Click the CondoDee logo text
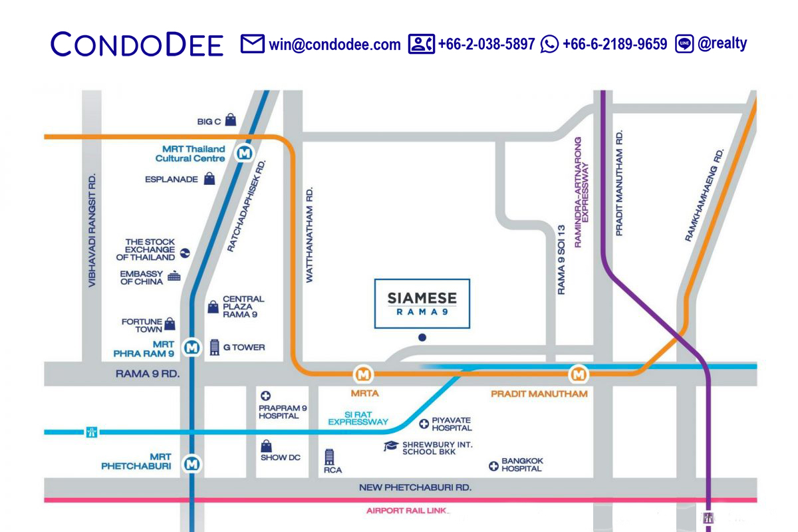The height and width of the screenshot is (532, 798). [x=137, y=45]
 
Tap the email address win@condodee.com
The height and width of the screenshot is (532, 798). [x=334, y=45]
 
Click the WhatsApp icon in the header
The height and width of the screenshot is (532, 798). [x=549, y=45]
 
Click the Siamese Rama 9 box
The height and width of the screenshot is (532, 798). [x=422, y=303]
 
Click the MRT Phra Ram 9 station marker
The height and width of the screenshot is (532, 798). [x=192, y=347]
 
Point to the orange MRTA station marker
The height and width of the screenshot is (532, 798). [x=363, y=374]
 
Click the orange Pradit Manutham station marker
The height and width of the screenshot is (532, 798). [x=579, y=374]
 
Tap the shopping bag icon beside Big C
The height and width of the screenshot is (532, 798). [x=230, y=120]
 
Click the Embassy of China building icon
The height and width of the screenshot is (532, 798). [x=174, y=276]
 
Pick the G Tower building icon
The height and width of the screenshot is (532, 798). [x=214, y=347]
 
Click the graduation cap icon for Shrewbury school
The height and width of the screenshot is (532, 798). [x=391, y=446]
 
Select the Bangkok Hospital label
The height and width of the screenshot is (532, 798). [x=522, y=464]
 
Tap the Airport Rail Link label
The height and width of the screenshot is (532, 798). [x=408, y=511]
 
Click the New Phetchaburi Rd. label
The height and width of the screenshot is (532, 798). [x=415, y=487]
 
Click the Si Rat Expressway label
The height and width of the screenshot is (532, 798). [x=358, y=417]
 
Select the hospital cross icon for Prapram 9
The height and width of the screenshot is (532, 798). [x=265, y=396]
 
